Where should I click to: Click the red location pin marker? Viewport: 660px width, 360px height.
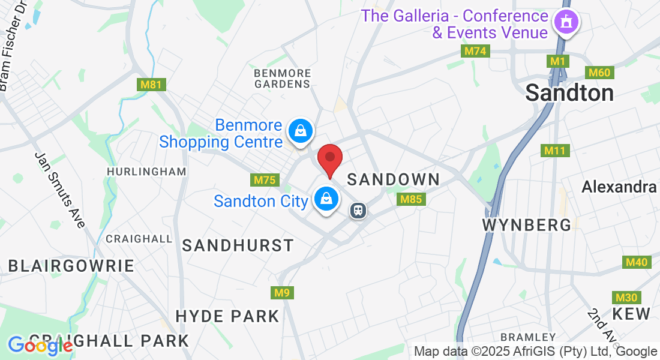coord(329,159)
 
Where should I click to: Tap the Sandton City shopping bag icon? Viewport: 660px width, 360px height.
coord(326,199)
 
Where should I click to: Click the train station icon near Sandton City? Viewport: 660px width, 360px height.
coord(358,211)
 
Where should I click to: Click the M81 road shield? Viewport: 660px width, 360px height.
coord(151,85)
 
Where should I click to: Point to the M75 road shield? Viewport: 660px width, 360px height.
coord(264,180)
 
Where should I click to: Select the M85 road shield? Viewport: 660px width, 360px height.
coord(412,199)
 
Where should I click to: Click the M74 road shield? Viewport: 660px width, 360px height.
coord(475,51)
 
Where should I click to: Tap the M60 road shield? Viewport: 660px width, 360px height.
coord(599,73)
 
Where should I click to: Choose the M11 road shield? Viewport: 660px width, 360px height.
coord(555,150)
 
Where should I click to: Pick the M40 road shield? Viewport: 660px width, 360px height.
coord(636,262)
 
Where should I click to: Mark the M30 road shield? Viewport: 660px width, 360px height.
coord(626,298)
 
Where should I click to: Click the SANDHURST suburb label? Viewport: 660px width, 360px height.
coord(238,245)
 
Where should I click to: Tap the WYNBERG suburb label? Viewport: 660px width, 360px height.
coord(527,225)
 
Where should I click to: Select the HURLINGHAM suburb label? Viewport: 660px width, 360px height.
coord(146,172)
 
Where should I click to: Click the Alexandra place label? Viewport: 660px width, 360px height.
coord(619,187)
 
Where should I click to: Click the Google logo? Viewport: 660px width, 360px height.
coord(40,346)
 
